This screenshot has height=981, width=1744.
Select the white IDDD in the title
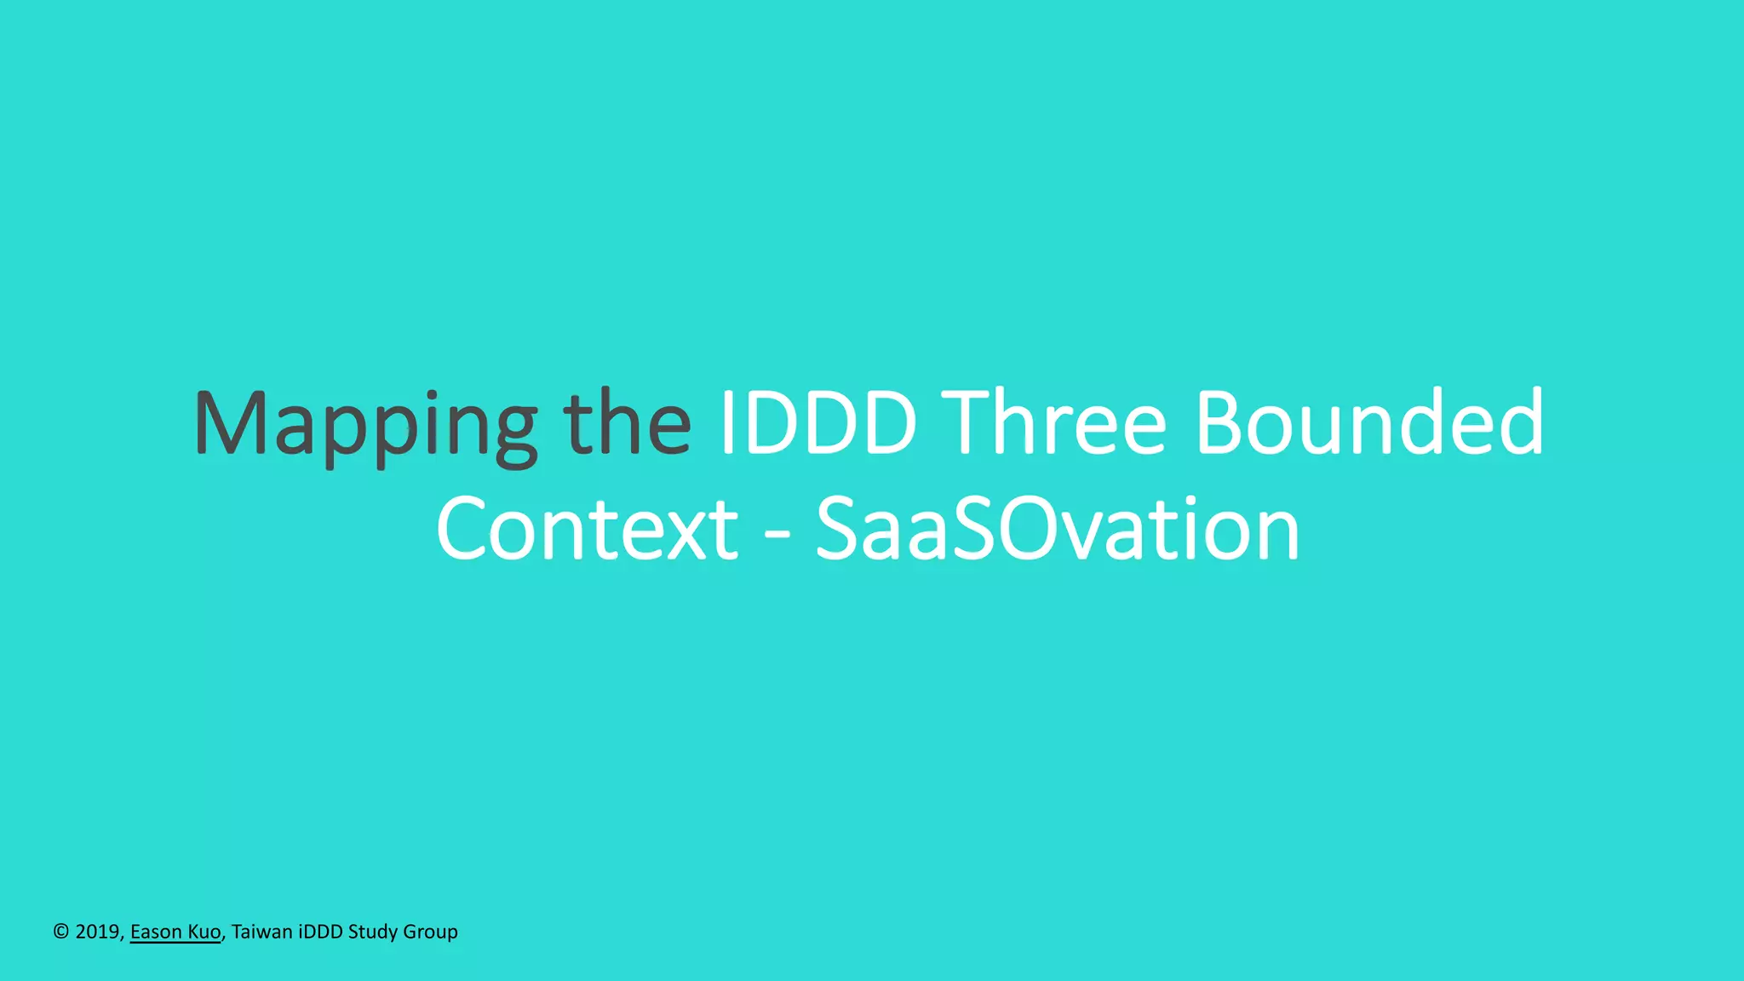[x=817, y=423]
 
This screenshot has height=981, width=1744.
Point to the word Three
[x=1055, y=423]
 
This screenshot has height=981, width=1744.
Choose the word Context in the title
[x=587, y=530]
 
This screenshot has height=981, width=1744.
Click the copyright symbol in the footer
[x=61, y=932]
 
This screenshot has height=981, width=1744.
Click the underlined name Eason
[x=157, y=932]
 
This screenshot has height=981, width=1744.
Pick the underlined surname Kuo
[x=204, y=932]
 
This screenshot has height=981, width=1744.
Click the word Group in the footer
[x=430, y=932]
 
